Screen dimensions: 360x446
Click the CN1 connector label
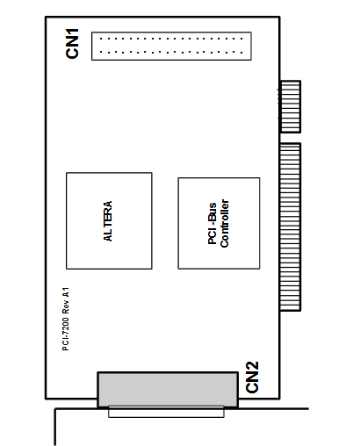(x=72, y=44)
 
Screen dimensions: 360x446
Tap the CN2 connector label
(x=252, y=378)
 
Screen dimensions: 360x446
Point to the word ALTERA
(x=108, y=221)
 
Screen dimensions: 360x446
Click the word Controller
(x=225, y=223)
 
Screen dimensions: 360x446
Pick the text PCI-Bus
(x=212, y=223)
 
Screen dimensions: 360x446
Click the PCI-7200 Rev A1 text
(x=66, y=319)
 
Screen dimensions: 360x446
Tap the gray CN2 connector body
(x=168, y=390)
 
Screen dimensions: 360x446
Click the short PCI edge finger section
(x=291, y=107)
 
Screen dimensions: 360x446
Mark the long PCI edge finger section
(x=291, y=227)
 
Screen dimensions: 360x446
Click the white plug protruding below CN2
(x=166, y=412)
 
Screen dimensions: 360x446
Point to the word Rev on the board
(x=66, y=307)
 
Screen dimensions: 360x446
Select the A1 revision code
(x=66, y=292)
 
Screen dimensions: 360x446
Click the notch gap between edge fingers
(x=290, y=138)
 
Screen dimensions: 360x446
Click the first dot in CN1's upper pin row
(x=101, y=39)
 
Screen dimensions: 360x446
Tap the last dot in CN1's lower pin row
(x=241, y=53)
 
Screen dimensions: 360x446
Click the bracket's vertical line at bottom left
(x=55, y=427)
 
